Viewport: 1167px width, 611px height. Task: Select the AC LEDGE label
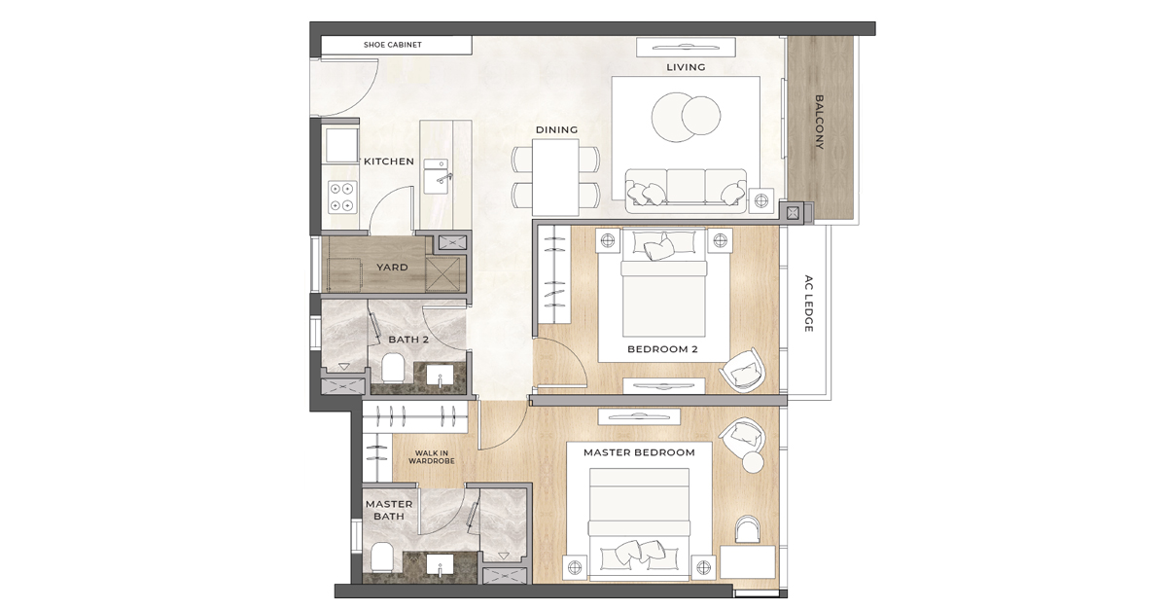click(808, 304)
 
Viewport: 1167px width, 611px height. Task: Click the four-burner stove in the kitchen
click(341, 198)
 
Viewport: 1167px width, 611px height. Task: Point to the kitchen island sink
click(441, 176)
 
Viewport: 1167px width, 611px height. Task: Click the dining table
click(556, 176)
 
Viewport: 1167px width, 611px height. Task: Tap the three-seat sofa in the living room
click(686, 190)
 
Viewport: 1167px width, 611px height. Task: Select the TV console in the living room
click(686, 47)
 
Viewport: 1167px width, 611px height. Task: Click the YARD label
click(392, 268)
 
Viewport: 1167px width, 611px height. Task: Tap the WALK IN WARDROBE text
click(432, 457)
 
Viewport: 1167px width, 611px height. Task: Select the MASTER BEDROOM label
click(639, 452)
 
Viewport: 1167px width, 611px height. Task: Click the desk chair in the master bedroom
click(747, 529)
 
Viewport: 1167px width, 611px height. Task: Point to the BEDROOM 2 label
click(662, 349)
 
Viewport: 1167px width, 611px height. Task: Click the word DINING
click(556, 129)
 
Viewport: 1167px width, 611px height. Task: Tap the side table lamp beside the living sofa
click(761, 200)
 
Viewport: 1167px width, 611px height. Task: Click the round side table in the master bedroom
click(753, 461)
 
